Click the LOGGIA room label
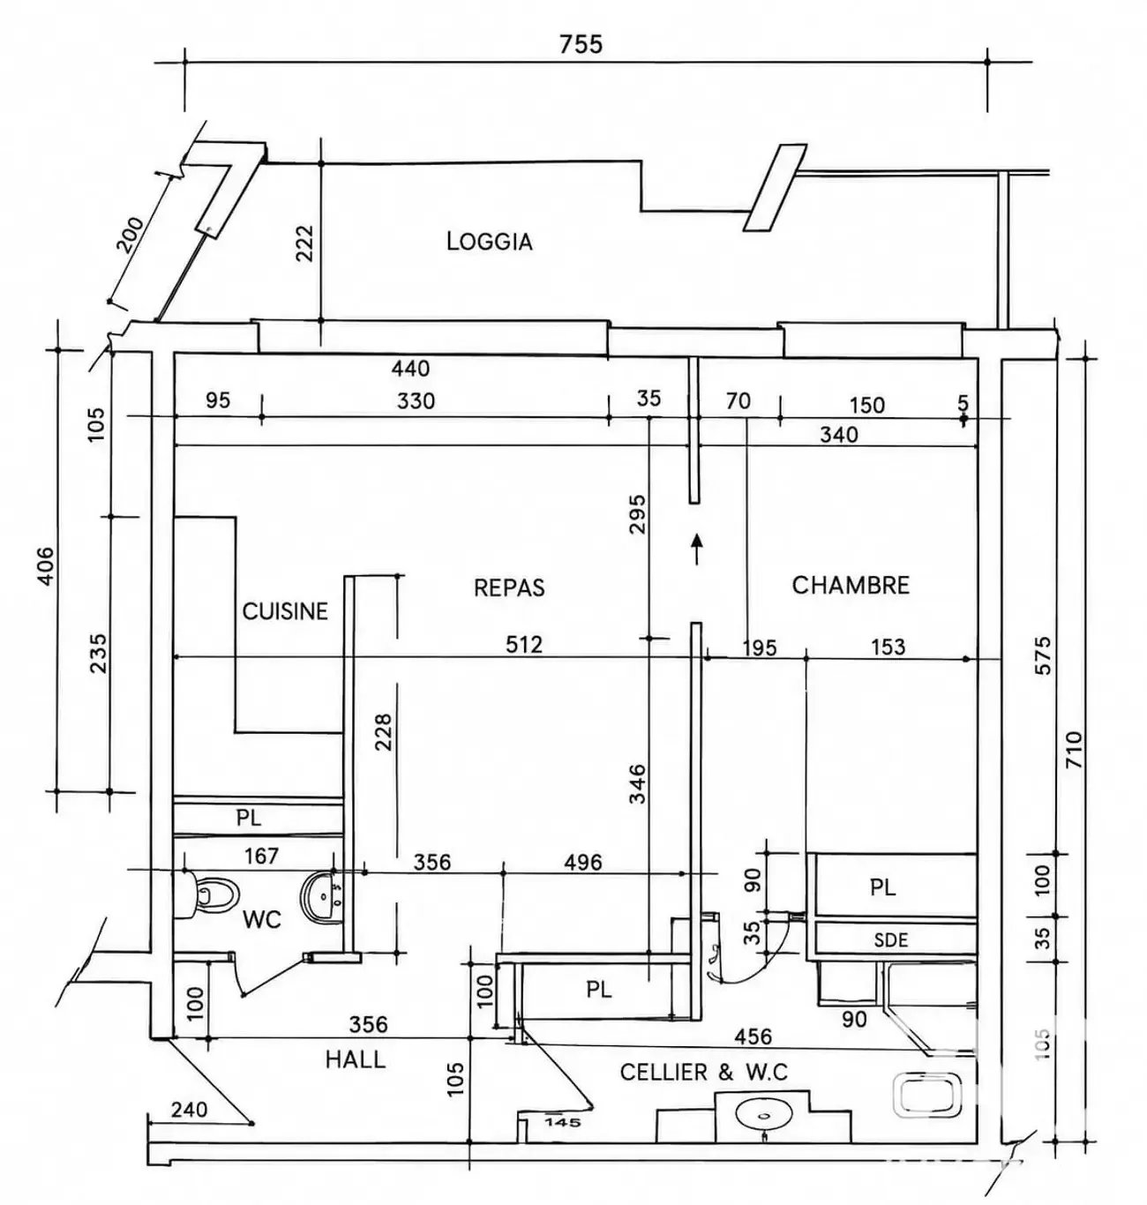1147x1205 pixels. point(489,241)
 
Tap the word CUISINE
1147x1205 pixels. point(285,611)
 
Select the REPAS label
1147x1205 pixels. point(509,588)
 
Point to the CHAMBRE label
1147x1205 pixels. point(851,586)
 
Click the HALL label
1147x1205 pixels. point(356,1059)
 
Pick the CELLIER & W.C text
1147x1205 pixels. point(704,1072)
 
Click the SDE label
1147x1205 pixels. point(890,940)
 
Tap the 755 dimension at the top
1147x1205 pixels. point(581,44)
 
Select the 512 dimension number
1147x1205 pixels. point(524,644)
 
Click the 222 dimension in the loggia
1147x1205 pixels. point(304,243)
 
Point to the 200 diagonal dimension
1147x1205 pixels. point(131,235)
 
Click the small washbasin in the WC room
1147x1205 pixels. point(322,895)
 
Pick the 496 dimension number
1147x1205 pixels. point(583,862)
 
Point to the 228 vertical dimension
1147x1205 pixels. point(382,732)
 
